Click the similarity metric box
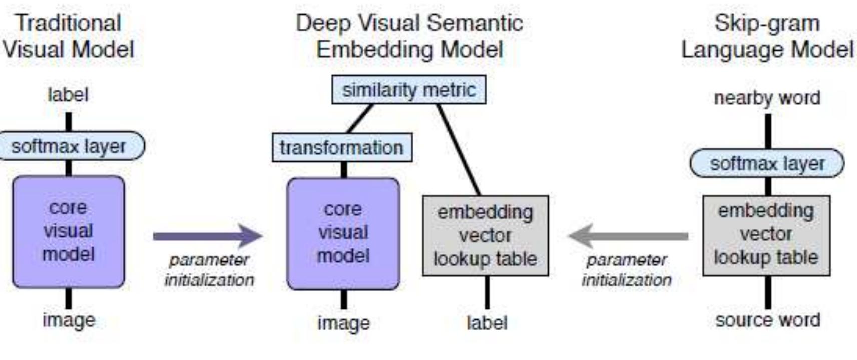pyautogui.click(x=408, y=90)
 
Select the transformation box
pyautogui.click(x=342, y=147)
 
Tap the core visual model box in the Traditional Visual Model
pyautogui.click(x=68, y=231)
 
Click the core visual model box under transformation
pyautogui.click(x=343, y=233)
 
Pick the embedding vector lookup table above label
pyautogui.click(x=485, y=235)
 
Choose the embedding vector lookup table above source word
pyautogui.click(x=766, y=234)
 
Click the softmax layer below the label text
pyautogui.click(x=69, y=146)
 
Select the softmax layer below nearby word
pyautogui.click(x=766, y=163)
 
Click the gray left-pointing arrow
pyautogui.click(x=628, y=236)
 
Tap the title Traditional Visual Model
pyautogui.click(x=68, y=36)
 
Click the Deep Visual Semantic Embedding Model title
pyautogui.click(x=409, y=36)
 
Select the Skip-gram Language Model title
pyautogui.click(x=767, y=36)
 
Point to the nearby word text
pyautogui.click(x=767, y=98)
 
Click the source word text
pyautogui.click(x=767, y=320)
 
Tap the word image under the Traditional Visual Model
pyautogui.click(x=69, y=320)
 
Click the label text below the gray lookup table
pyautogui.click(x=487, y=323)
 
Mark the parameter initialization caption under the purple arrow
pyautogui.click(x=209, y=270)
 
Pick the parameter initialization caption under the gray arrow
pyautogui.click(x=626, y=270)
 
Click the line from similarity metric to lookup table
pyautogui.click(x=459, y=149)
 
